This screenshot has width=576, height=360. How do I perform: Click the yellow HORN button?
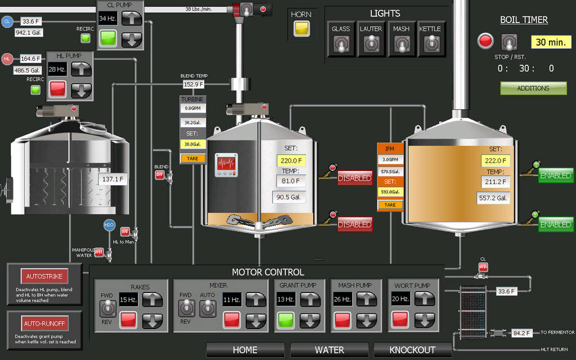301,29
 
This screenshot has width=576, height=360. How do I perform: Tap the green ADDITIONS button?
533,88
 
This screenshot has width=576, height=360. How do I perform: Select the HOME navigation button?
245,350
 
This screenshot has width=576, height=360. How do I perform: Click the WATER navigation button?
329,350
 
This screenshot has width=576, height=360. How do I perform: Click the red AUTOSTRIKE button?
44,277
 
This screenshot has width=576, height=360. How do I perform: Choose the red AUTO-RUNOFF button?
44,324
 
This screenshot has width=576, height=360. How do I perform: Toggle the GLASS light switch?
340,43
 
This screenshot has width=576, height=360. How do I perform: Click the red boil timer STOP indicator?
485,41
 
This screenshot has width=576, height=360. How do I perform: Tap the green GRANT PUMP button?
286,321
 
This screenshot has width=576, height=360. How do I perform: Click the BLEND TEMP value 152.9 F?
193,84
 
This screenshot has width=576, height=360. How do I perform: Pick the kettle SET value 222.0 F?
496,160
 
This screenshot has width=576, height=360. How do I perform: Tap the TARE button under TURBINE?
192,159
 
